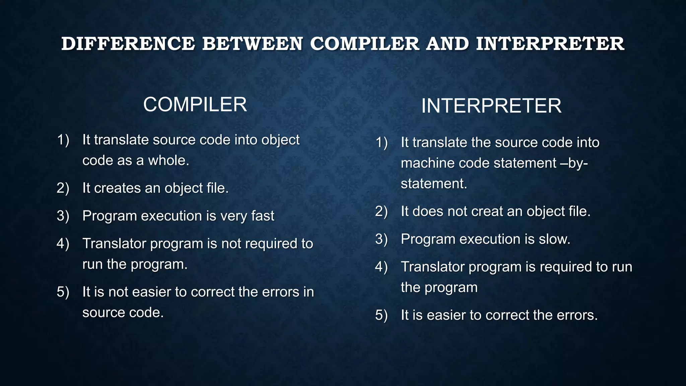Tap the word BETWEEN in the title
(x=252, y=44)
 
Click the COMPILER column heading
(x=195, y=105)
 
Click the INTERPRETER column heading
(x=491, y=106)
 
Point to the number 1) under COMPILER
(x=63, y=140)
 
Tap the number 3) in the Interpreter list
(x=382, y=239)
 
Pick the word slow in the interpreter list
(x=554, y=239)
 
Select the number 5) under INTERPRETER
(x=382, y=315)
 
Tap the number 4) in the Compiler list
(x=63, y=244)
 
